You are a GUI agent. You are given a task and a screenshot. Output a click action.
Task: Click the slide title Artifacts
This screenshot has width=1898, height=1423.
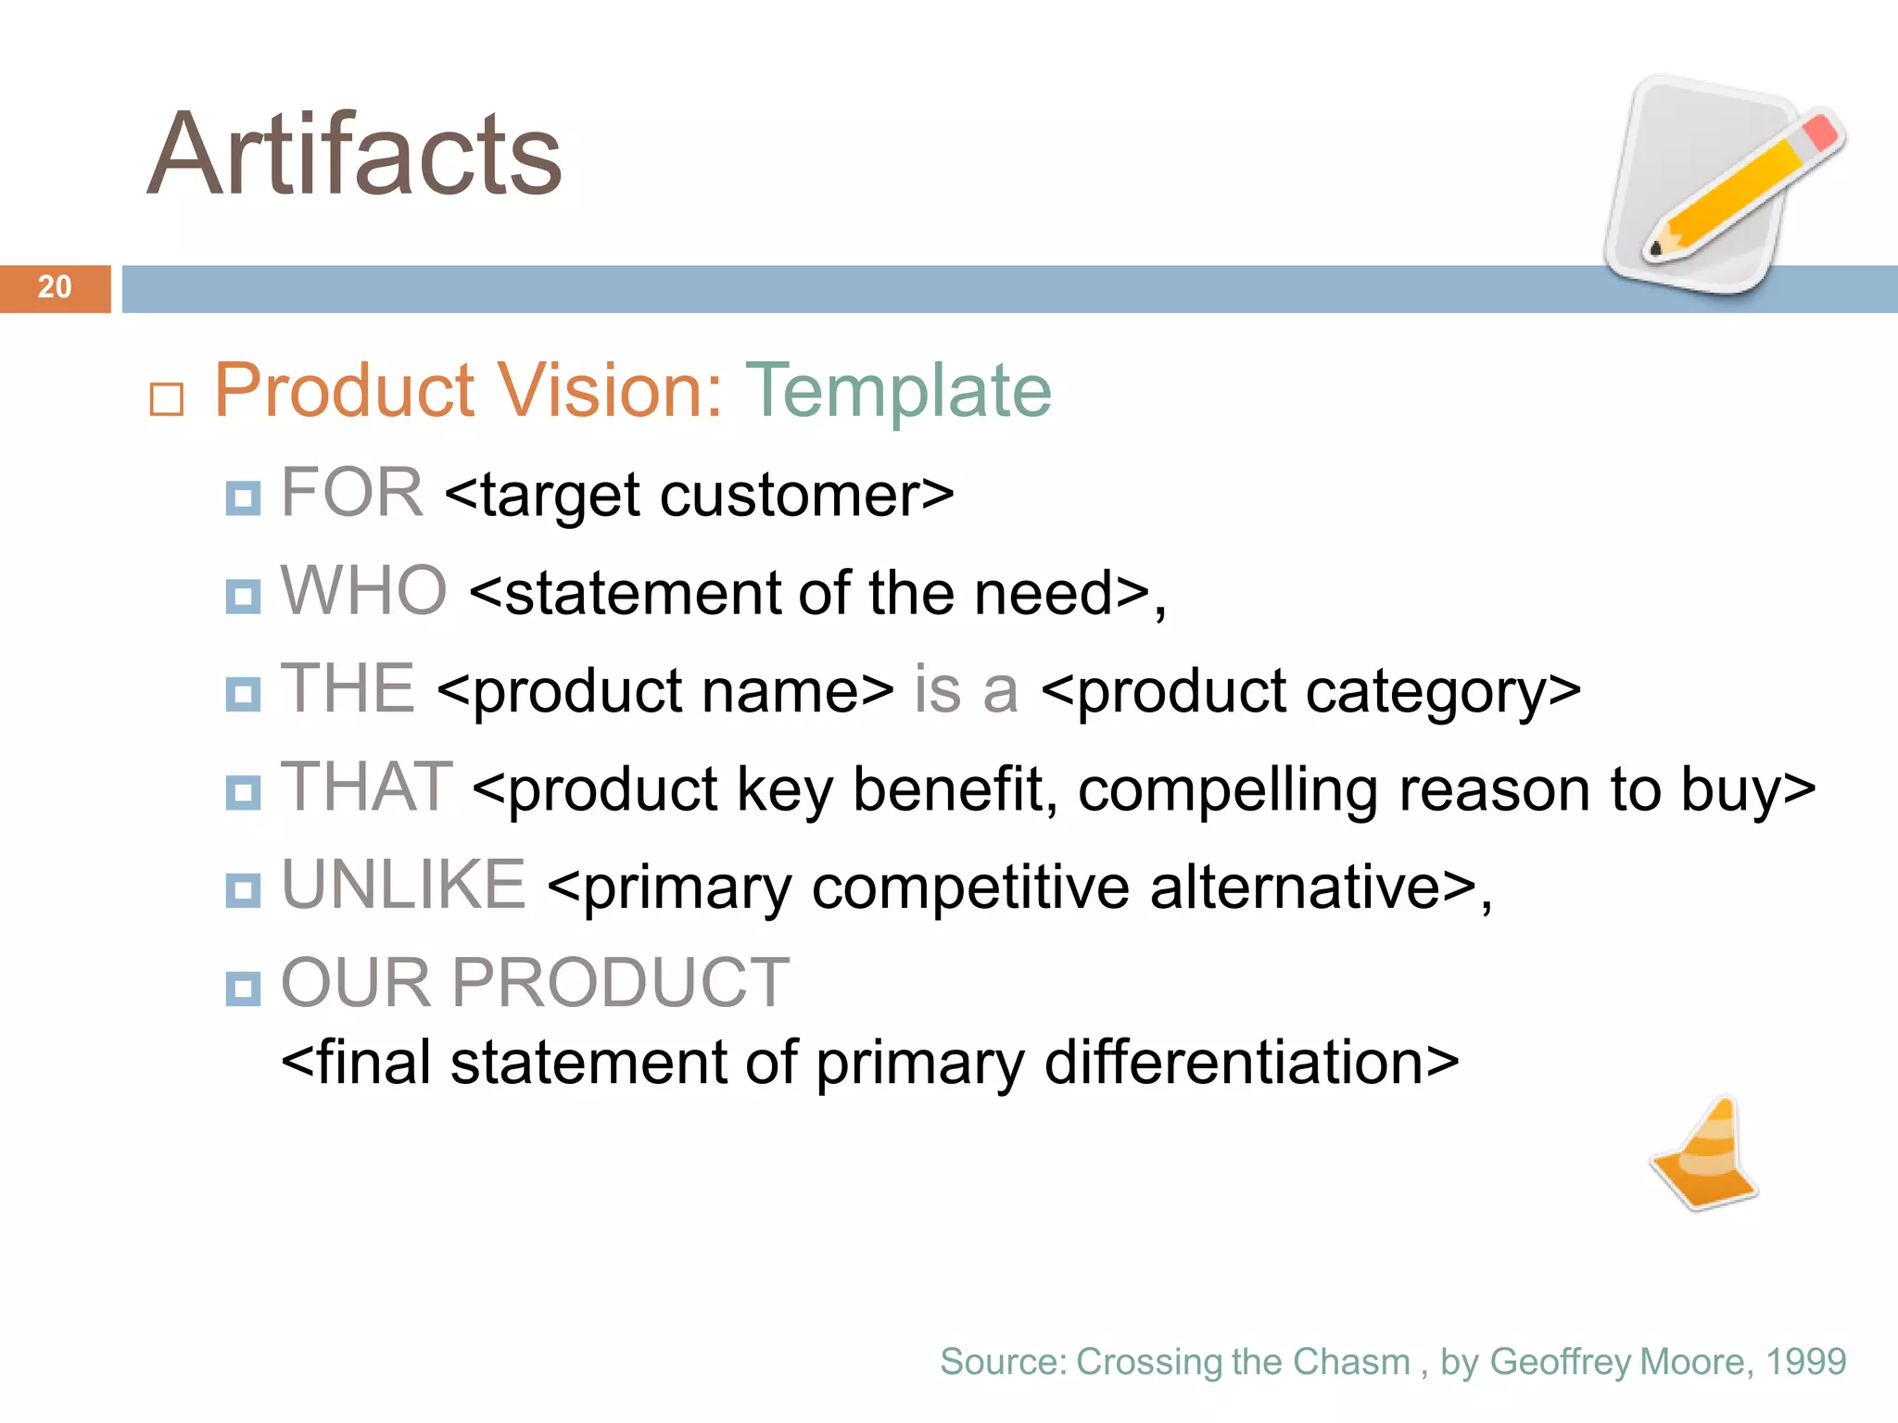tap(355, 156)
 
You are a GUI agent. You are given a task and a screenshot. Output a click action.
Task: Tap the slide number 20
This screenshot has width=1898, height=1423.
tap(55, 287)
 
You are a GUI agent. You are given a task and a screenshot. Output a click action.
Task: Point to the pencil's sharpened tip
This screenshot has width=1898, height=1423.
tap(1656, 248)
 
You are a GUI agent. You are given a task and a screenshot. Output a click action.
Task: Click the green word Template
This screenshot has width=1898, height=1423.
tap(898, 391)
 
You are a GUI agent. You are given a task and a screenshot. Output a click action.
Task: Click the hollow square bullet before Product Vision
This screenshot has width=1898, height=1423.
tap(167, 399)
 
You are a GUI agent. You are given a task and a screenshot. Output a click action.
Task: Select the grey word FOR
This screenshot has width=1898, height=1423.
tap(351, 493)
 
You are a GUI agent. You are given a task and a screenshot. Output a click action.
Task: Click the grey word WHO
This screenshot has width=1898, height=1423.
tap(363, 591)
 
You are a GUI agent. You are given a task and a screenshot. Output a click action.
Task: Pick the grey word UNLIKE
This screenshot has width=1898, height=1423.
tap(403, 885)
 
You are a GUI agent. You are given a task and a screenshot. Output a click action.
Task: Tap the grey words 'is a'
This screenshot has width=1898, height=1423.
tap(966, 690)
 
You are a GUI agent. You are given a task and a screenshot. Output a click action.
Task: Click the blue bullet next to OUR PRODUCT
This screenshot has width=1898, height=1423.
tap(243, 989)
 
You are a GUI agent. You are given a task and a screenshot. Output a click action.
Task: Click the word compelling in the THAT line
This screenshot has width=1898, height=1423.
tap(1228, 790)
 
